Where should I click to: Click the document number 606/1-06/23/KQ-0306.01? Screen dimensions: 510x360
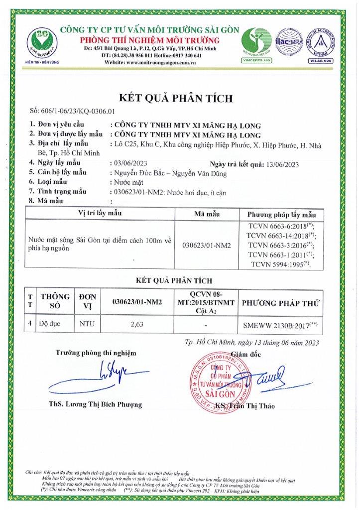(72, 112)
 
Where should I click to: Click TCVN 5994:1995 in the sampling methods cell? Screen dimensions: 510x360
(280, 264)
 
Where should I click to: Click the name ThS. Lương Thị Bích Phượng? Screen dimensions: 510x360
(96, 403)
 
